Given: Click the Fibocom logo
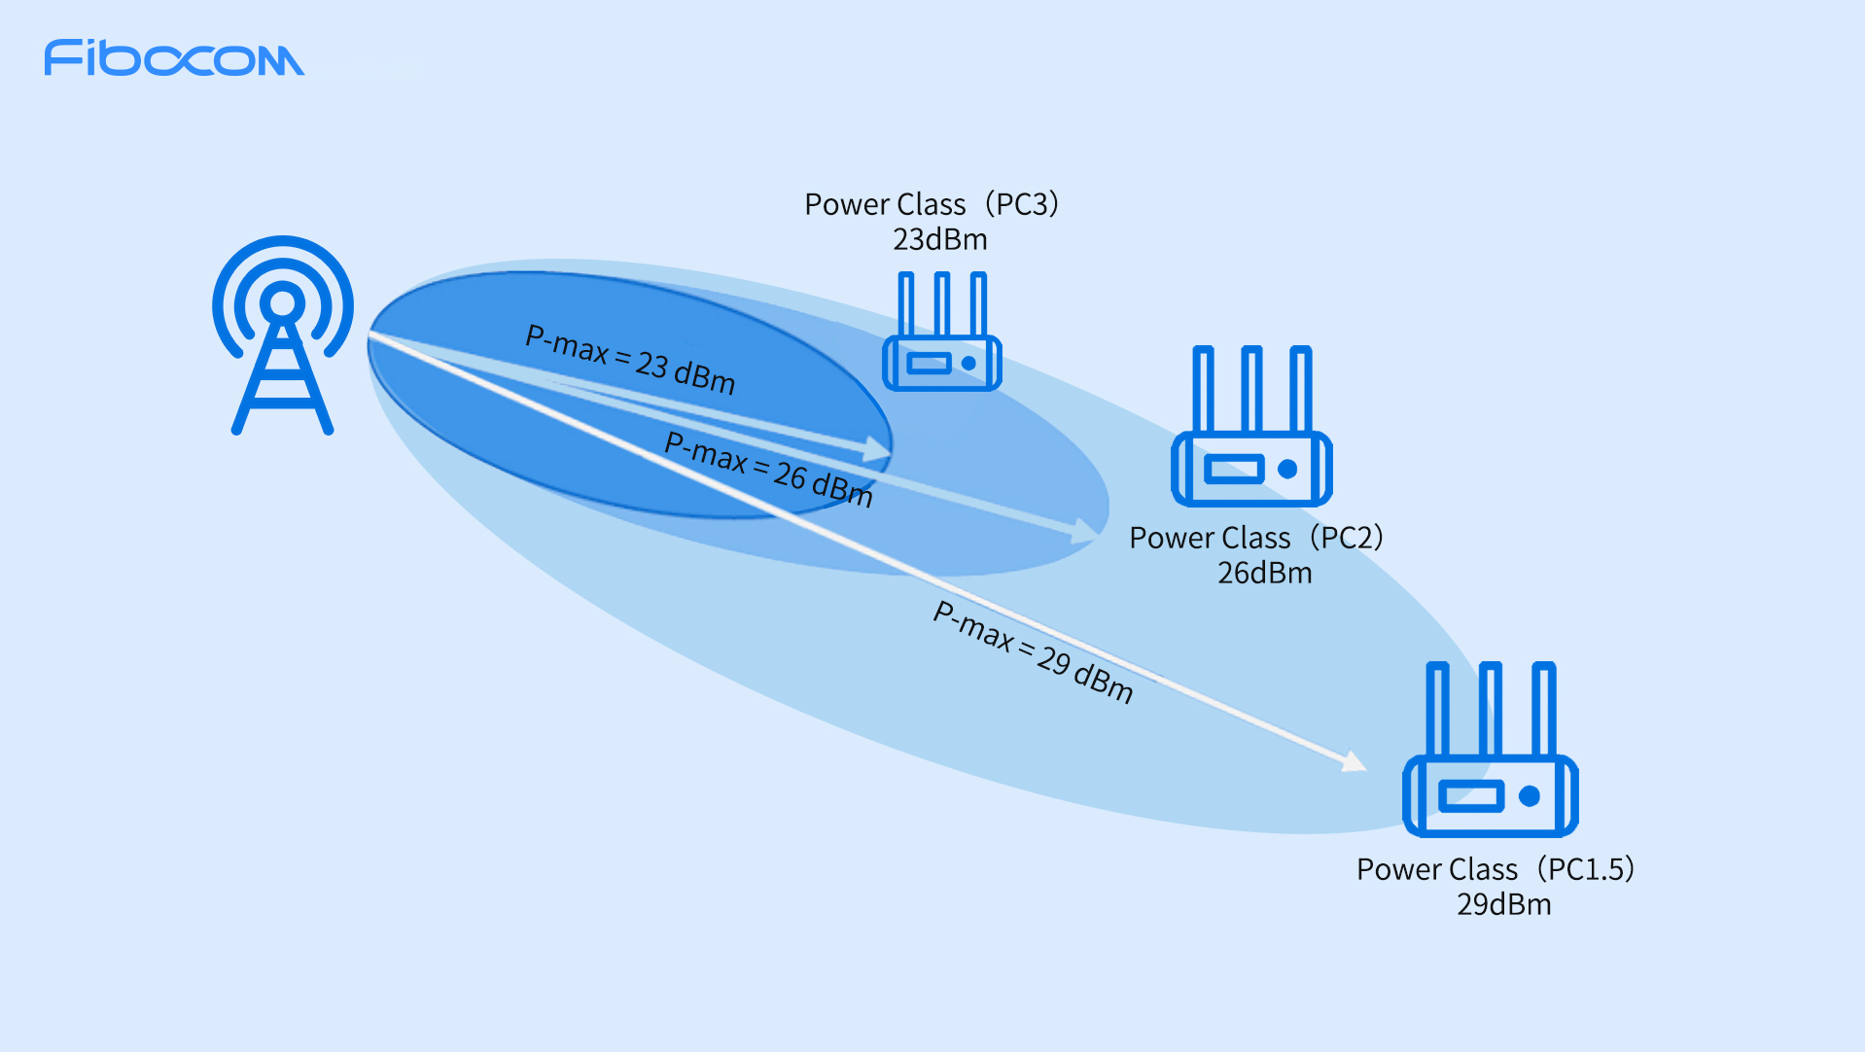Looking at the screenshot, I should pyautogui.click(x=173, y=58).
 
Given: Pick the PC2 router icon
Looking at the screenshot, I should pyautogui.click(x=1251, y=427).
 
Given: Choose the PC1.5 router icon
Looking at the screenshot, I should pyautogui.click(x=1490, y=749).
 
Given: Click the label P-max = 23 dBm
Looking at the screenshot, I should pyautogui.click(x=630, y=360).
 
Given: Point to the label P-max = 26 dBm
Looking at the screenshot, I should pyautogui.click(x=768, y=470).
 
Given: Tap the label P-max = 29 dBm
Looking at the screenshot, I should pyautogui.click(x=1033, y=650).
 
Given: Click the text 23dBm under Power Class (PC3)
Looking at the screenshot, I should pyautogui.click(x=940, y=239).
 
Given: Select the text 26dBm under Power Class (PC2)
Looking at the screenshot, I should pyautogui.click(x=1265, y=573).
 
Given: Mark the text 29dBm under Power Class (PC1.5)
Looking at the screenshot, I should pyautogui.click(x=1503, y=904).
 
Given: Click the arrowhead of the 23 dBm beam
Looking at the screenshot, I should pyautogui.click(x=879, y=448).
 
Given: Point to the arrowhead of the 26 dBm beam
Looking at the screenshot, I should pyautogui.click(x=1085, y=531).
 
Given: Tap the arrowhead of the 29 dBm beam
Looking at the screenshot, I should pyautogui.click(x=1354, y=761).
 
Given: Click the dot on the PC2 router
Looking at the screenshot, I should pyautogui.click(x=1287, y=470).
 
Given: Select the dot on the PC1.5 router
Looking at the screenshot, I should pyautogui.click(x=1529, y=796).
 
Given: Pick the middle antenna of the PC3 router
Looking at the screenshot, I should pyautogui.click(x=941, y=304).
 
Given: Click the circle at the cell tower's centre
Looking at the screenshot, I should pyautogui.click(x=283, y=303).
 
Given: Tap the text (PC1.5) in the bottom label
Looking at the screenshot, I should pyautogui.click(x=1586, y=869).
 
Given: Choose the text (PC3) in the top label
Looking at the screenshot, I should pyautogui.click(x=1021, y=204).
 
